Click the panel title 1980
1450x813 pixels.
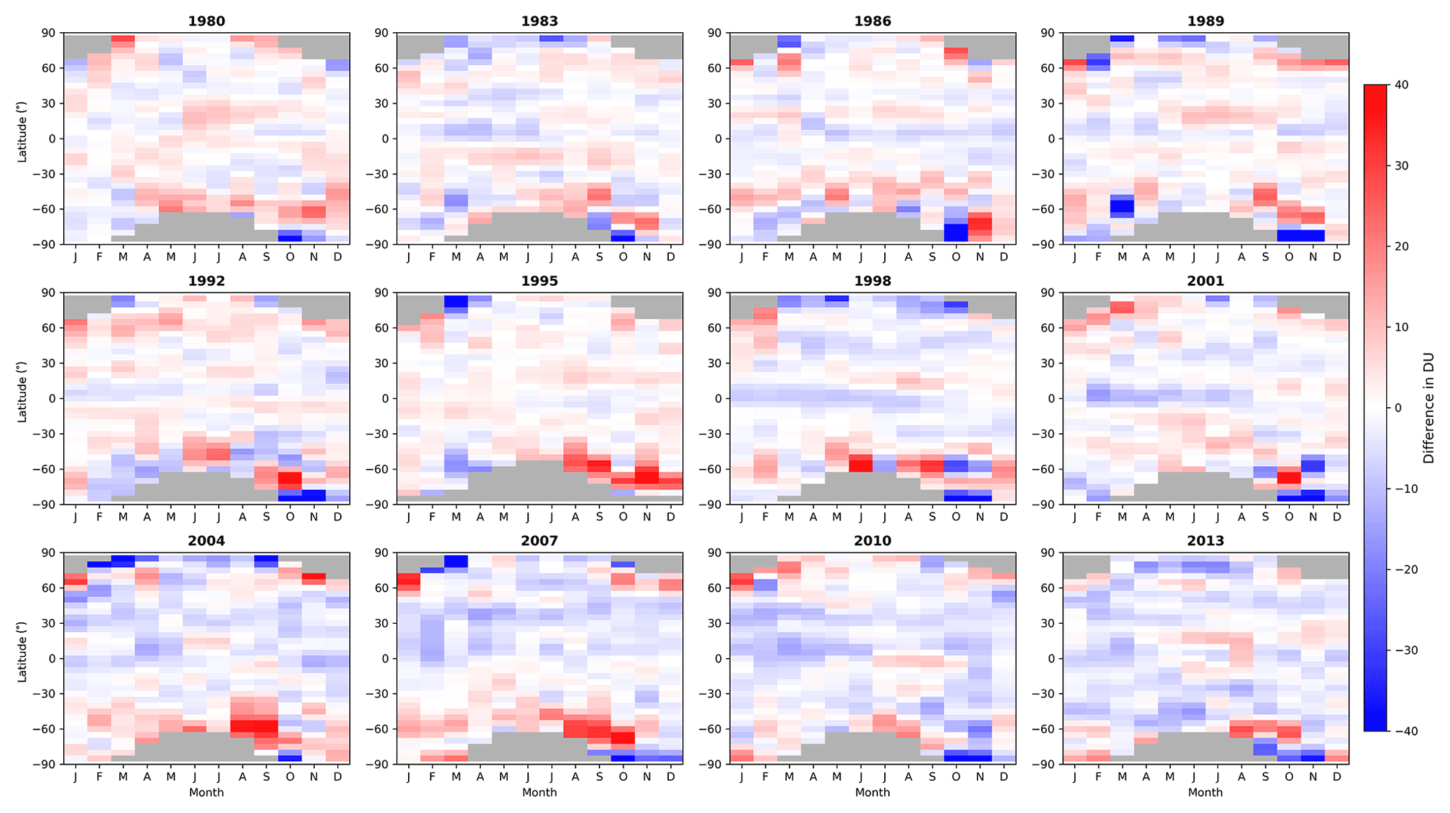click(206, 21)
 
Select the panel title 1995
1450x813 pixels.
click(539, 281)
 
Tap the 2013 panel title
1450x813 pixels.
click(1205, 541)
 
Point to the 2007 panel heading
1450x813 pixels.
click(539, 541)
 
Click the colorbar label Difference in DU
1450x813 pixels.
click(1428, 408)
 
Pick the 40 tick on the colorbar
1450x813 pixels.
click(1402, 85)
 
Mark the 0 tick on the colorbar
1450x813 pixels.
click(1398, 408)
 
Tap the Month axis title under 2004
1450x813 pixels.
click(206, 793)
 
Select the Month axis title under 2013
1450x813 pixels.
click(1205, 793)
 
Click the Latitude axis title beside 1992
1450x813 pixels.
click(22, 399)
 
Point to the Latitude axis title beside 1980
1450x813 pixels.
click(22, 139)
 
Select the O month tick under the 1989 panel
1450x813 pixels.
click(1289, 257)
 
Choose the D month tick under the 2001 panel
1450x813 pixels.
click(1336, 517)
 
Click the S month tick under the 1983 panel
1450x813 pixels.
click(599, 257)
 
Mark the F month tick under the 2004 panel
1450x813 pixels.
click(99, 777)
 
